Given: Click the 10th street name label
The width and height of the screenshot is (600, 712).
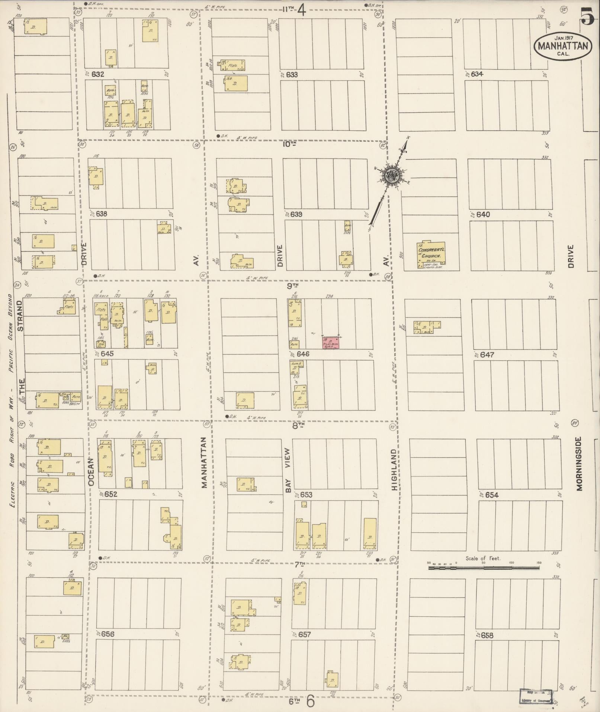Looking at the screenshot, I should tap(289, 144).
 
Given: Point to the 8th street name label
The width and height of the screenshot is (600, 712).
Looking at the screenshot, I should tap(298, 425).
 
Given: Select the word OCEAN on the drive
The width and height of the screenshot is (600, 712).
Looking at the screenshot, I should tap(92, 473).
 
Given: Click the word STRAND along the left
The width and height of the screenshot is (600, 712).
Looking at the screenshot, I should tap(20, 316).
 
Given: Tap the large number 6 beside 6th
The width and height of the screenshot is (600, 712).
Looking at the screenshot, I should tap(310, 701).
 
